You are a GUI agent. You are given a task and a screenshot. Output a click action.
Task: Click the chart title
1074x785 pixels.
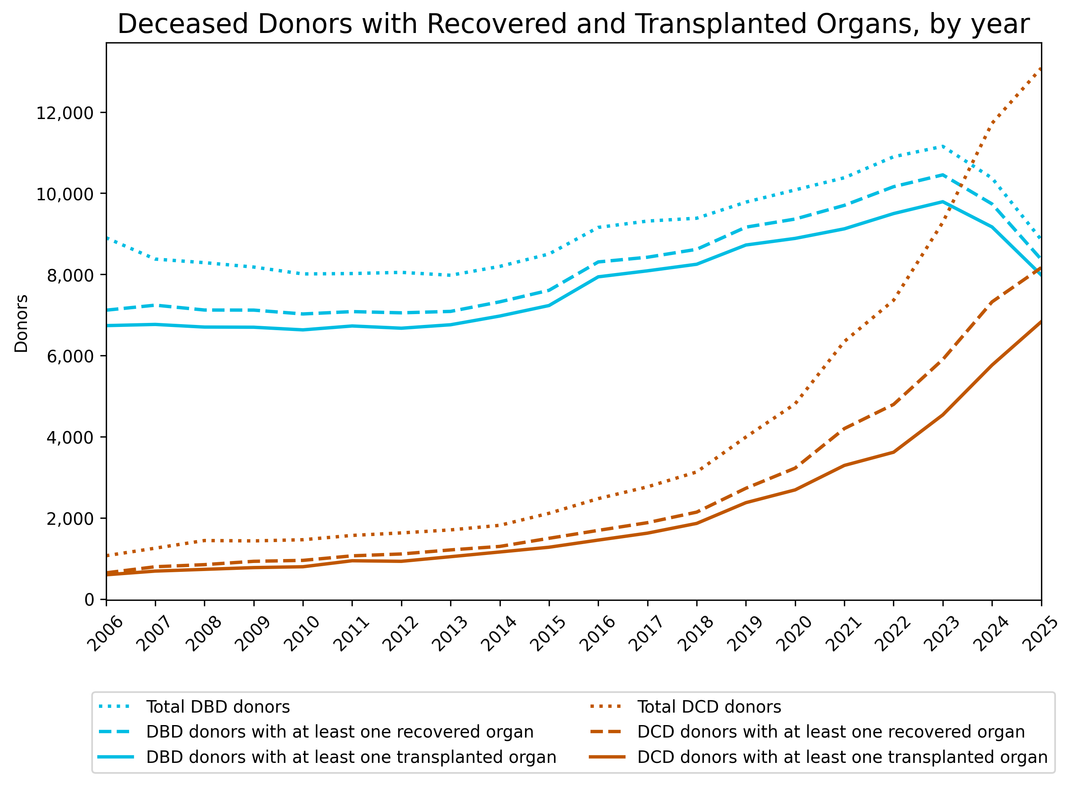[x=573, y=24]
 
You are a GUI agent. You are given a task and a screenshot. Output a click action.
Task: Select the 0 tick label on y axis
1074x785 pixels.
[x=89, y=600]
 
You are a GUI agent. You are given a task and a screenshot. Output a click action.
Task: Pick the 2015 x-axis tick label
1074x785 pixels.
[x=548, y=634]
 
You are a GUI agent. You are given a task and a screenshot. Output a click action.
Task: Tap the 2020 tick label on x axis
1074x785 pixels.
[x=794, y=634]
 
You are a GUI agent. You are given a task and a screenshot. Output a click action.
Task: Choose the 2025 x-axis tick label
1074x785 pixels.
[x=1040, y=634]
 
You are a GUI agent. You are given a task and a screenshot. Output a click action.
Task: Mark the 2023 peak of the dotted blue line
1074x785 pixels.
[x=942, y=146]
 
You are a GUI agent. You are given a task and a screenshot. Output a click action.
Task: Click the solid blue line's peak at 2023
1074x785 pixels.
[x=942, y=201]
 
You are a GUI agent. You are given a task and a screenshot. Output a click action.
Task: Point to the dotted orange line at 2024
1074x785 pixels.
[x=992, y=123]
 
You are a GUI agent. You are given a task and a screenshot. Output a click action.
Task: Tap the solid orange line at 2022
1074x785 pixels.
[x=893, y=452]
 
